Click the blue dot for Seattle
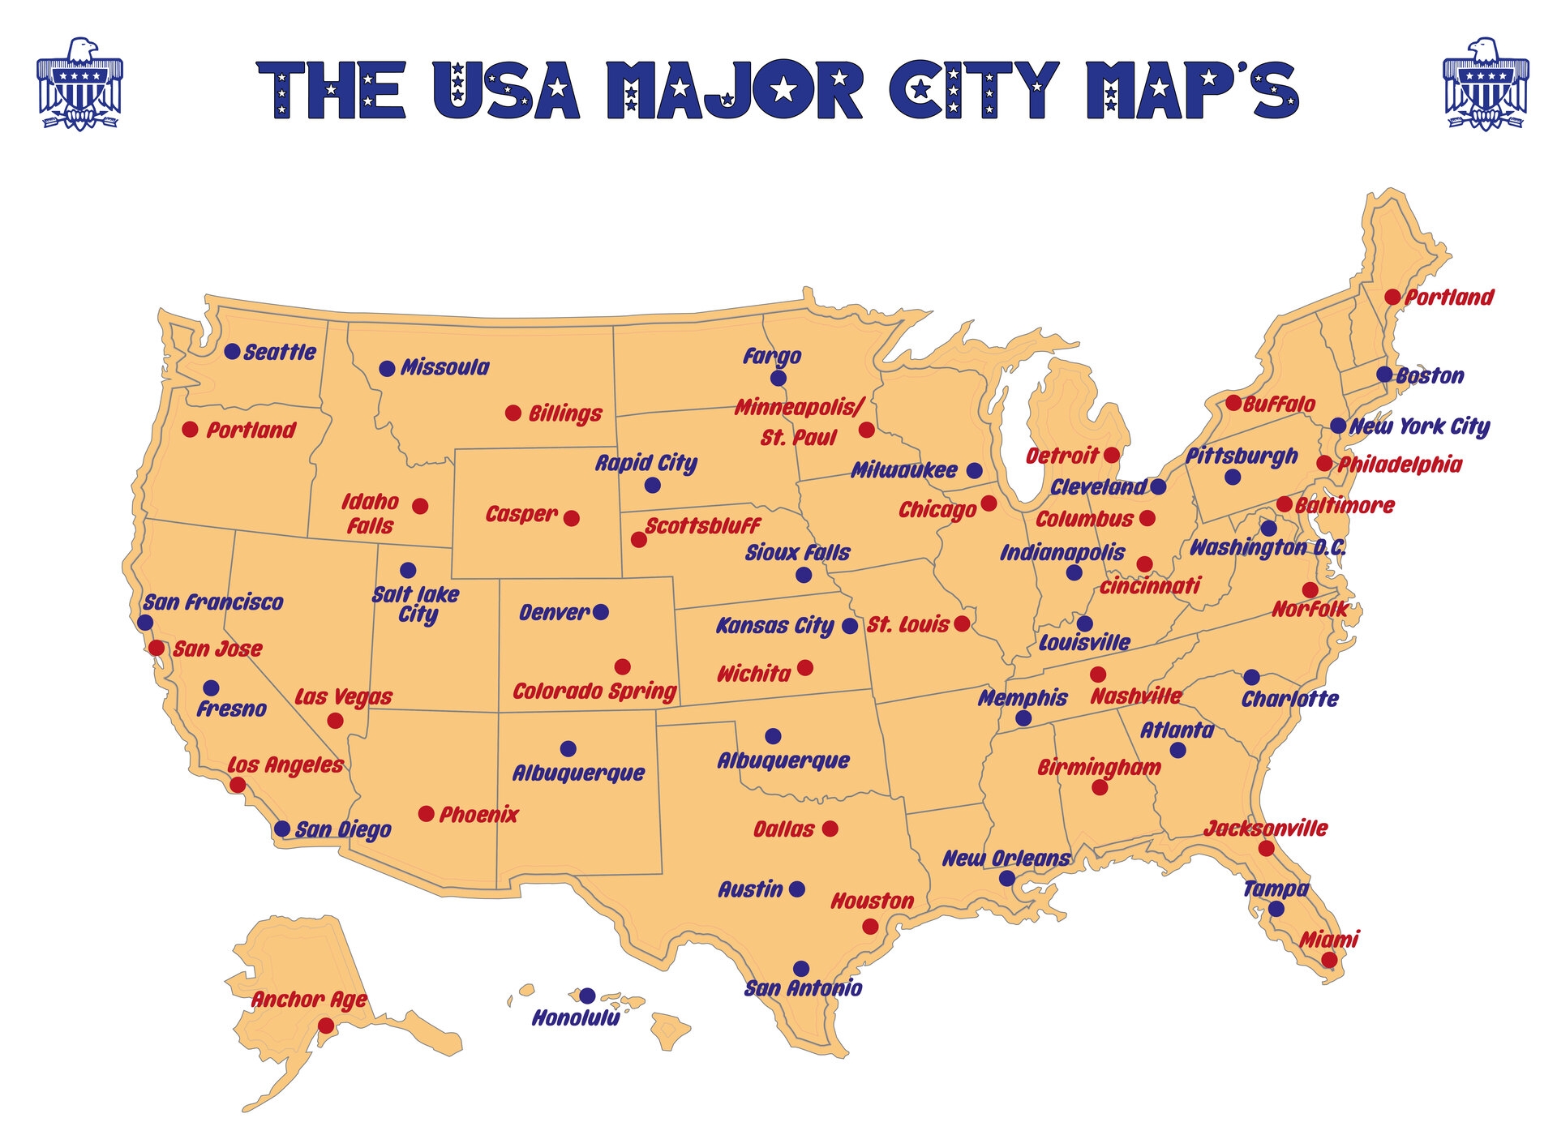click(x=232, y=352)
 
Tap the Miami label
click(x=1328, y=940)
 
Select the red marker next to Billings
click(x=513, y=413)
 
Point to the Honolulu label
click(x=576, y=1018)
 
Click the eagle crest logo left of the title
click(x=79, y=84)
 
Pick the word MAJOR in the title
click(x=734, y=90)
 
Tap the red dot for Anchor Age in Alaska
click(x=326, y=1026)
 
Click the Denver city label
click(x=555, y=613)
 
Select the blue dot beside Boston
click(x=1384, y=375)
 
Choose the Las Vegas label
click(x=343, y=697)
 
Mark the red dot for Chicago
click(x=989, y=503)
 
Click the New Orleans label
click(x=1006, y=859)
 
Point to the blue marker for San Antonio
click(x=801, y=969)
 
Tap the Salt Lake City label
click(x=415, y=605)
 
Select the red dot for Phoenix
click(x=426, y=814)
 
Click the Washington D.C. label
click(x=1267, y=548)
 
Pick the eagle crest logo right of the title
click(x=1486, y=84)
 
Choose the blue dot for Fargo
click(x=778, y=379)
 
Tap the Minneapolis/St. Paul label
click(x=799, y=422)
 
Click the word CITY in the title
click(x=974, y=90)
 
